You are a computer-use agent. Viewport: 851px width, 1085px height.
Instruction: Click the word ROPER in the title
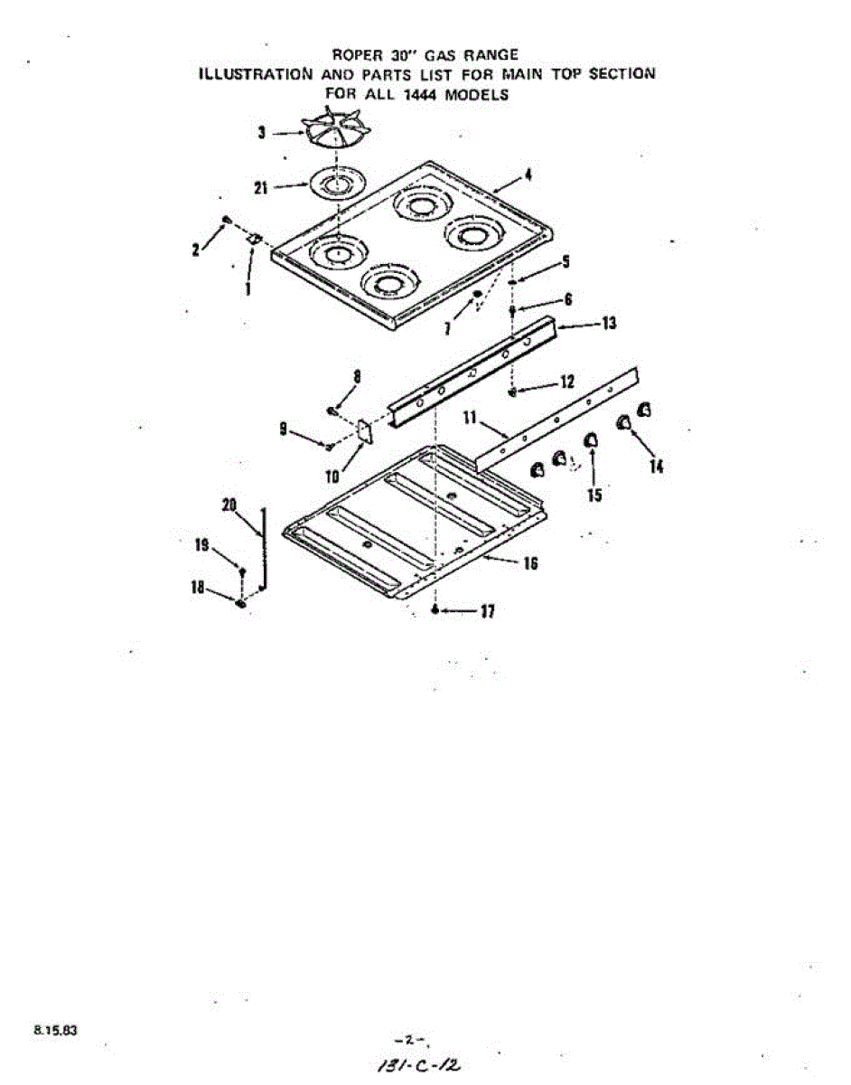[355, 54]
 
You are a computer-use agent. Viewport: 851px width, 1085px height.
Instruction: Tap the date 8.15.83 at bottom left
[55, 1029]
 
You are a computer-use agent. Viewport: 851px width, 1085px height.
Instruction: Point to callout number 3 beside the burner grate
[261, 133]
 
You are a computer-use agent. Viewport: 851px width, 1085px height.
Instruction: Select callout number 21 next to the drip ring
[261, 188]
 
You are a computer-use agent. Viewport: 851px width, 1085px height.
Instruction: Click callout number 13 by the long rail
[609, 323]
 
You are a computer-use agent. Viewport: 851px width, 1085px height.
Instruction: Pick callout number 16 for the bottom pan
[530, 563]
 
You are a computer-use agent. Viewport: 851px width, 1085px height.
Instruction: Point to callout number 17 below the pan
[487, 612]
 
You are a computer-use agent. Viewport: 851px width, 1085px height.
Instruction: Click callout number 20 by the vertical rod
[229, 505]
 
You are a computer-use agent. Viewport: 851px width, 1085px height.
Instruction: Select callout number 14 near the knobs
[656, 467]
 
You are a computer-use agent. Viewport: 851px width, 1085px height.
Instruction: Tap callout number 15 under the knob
[594, 495]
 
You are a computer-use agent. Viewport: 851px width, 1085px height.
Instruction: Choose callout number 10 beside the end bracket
[332, 476]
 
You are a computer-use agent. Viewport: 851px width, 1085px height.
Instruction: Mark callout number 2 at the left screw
[196, 250]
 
